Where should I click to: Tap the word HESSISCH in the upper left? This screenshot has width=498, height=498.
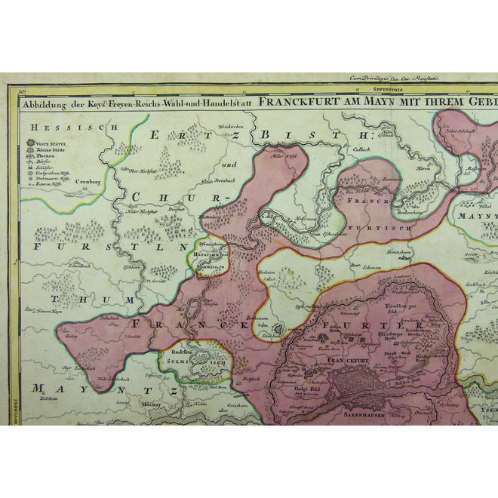point(47,128)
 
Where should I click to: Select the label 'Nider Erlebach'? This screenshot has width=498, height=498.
point(463,131)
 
